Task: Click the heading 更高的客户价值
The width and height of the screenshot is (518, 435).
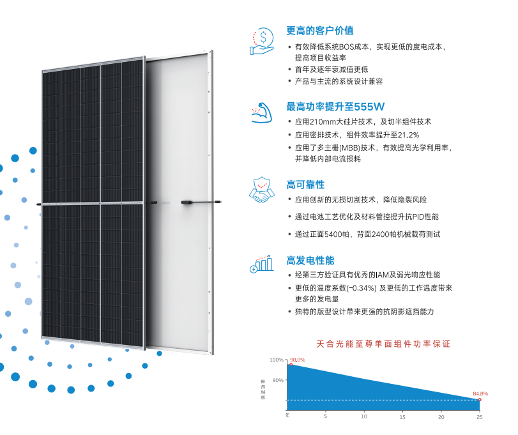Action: (320, 31)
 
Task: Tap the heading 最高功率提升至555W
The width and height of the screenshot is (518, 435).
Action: (335, 107)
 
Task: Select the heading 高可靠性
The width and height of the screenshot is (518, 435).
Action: (305, 185)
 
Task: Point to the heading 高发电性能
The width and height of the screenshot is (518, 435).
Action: (310, 261)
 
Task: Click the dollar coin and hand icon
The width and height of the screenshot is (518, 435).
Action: (262, 42)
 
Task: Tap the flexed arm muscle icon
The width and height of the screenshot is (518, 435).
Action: (262, 113)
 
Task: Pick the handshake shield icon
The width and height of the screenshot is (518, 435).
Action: (262, 190)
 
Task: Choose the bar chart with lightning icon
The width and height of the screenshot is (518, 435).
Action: (262, 264)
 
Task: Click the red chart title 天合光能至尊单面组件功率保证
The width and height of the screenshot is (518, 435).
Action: (383, 344)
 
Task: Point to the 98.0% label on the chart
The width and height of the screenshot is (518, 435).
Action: (297, 360)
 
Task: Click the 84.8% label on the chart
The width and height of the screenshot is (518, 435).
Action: (480, 393)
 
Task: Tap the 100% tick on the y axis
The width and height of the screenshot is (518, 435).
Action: (277, 360)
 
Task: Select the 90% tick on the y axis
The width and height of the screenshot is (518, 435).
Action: (278, 380)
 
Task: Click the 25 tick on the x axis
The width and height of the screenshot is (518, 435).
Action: (479, 417)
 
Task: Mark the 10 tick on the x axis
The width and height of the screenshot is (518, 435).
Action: (363, 416)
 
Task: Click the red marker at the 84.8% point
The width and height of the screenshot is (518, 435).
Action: (480, 400)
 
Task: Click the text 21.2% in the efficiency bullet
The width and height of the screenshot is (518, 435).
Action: (408, 135)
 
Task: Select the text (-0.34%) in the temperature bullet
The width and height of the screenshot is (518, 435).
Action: (362, 288)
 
